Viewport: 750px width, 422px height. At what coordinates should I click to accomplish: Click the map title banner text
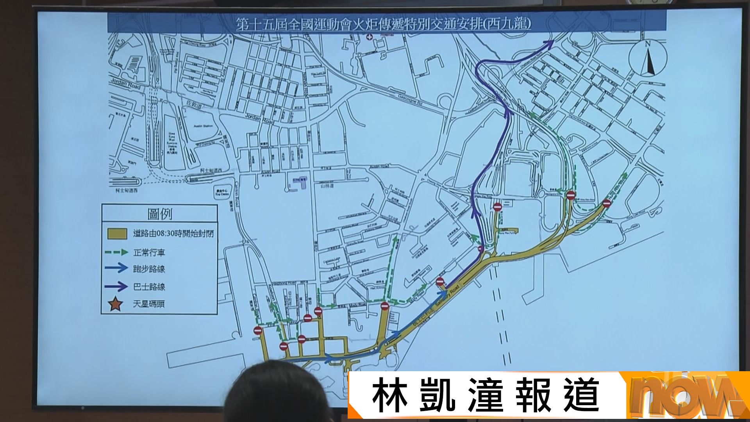(384, 24)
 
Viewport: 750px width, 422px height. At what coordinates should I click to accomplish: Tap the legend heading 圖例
(160, 214)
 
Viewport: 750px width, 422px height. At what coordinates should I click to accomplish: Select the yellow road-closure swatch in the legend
(117, 234)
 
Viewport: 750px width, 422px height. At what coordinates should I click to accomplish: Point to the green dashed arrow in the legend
(116, 252)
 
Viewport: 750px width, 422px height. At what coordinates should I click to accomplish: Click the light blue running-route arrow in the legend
(116, 268)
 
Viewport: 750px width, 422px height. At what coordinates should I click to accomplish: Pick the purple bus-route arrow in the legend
(116, 286)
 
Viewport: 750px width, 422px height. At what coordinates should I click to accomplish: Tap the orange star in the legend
(116, 304)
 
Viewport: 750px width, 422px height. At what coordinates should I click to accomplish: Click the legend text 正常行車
(149, 253)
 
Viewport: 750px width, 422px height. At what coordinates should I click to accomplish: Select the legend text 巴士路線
(149, 287)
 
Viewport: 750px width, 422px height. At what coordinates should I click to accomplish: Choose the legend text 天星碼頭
(149, 304)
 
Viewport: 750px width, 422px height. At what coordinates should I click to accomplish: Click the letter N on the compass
(647, 44)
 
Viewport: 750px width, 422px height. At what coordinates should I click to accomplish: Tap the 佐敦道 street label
(194, 104)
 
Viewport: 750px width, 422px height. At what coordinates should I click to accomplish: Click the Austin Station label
(203, 126)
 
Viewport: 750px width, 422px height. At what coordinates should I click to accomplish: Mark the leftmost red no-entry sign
(258, 331)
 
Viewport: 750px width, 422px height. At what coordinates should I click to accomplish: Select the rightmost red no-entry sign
(606, 203)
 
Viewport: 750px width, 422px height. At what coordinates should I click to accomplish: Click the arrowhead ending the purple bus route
(550, 43)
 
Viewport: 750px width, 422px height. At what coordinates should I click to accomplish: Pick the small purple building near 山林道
(300, 182)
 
